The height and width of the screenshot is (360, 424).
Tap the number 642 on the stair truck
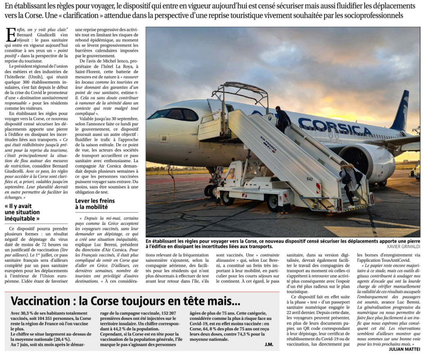(x=309, y=179)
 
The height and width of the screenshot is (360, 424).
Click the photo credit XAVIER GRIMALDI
(x=403, y=247)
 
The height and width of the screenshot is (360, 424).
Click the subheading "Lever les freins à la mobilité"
(x=95, y=204)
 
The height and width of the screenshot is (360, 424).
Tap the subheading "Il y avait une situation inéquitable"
(x=23, y=212)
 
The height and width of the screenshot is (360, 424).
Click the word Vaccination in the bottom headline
(x=43, y=301)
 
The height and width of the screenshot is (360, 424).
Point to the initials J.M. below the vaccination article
(x=269, y=344)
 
